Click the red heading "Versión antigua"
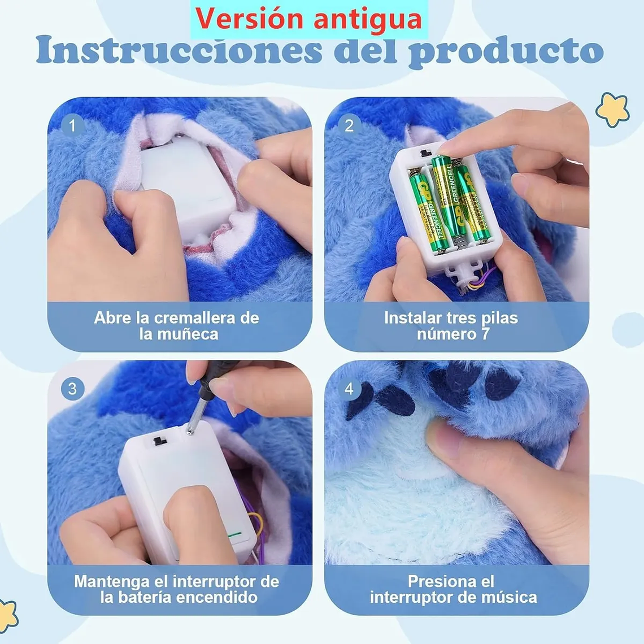pos(309,19)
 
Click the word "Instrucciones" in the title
pos(180,51)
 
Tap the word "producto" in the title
pos(506,51)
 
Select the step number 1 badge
pos(72,125)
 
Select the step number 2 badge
pos(349,125)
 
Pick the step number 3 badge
pos(72,389)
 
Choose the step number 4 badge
pos(349,389)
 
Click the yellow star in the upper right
pos(612,109)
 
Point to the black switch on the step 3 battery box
pos(160,440)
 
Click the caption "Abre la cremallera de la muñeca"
pos(177,326)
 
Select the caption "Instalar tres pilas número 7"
pos(451,326)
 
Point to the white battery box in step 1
pos(186,181)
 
